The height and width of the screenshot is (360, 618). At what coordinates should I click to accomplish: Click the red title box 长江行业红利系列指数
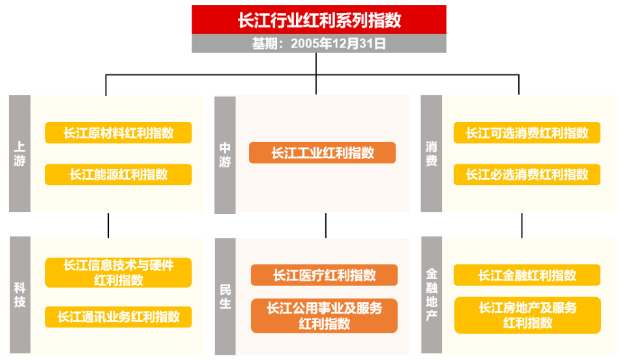(x=319, y=20)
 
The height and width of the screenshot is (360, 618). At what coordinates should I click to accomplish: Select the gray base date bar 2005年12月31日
(x=319, y=44)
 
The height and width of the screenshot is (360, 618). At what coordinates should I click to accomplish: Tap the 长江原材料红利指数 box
(x=118, y=133)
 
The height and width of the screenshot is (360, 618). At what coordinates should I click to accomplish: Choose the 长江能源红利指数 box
(x=118, y=174)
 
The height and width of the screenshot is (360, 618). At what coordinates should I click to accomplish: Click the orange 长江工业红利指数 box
(x=322, y=153)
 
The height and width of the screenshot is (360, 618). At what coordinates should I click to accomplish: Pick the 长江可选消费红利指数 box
(x=527, y=133)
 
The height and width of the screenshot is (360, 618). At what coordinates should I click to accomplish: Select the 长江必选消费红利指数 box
(x=527, y=174)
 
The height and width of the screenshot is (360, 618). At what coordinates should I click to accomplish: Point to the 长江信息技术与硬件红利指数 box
(x=118, y=273)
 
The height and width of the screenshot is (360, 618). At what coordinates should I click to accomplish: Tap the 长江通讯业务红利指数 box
(x=118, y=317)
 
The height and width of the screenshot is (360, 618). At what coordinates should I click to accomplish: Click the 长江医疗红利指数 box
(x=324, y=275)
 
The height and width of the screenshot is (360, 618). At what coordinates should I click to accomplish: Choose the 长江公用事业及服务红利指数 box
(x=324, y=316)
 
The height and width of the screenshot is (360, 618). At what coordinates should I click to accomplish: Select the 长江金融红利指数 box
(x=527, y=275)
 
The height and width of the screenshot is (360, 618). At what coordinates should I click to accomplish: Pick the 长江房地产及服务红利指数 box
(x=527, y=315)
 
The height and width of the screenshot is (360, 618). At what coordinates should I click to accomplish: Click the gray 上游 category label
(x=20, y=154)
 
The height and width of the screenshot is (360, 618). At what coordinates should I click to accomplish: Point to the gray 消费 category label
(x=431, y=154)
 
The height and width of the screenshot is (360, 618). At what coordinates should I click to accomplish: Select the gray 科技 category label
(x=20, y=294)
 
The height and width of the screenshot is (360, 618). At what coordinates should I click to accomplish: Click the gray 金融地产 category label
(x=431, y=295)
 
